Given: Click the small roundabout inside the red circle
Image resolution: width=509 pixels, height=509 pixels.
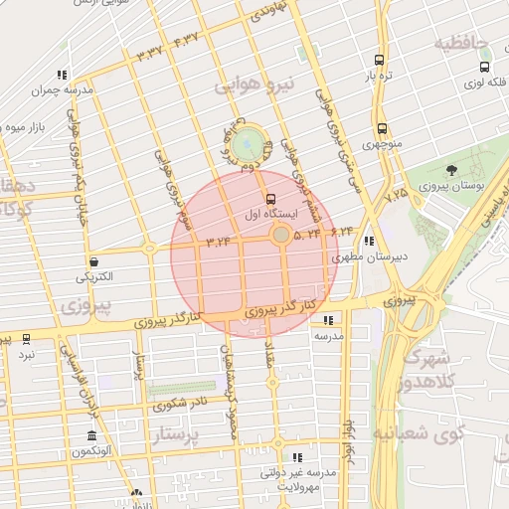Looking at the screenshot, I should tap(281, 235).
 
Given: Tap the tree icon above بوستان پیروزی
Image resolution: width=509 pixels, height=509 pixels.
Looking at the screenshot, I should tap(452, 171).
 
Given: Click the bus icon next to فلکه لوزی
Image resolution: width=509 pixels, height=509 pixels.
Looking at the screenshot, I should tap(484, 68).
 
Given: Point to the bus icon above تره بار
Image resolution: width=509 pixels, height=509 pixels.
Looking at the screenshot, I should tap(379, 60).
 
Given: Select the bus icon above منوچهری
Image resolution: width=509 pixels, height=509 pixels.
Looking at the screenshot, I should tap(382, 128).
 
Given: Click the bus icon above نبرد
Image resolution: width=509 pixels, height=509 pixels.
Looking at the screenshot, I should tap(26, 339).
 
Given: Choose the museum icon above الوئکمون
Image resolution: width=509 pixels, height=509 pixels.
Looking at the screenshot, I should tap(92, 436).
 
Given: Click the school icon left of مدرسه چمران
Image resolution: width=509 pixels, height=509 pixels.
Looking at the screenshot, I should tap(62, 74).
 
